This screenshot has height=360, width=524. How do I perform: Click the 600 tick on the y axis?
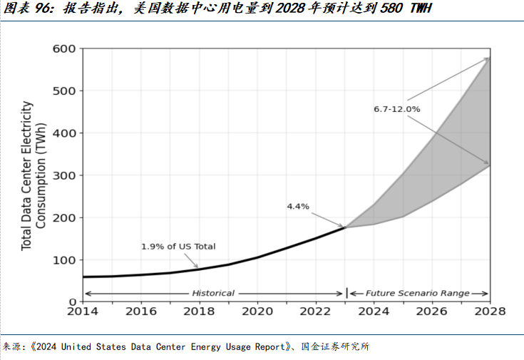coord(63,48)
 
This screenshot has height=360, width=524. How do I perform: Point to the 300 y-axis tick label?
coord(63,175)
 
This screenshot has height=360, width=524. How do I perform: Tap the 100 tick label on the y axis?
coord(63,260)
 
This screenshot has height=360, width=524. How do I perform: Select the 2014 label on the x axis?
coord(83,312)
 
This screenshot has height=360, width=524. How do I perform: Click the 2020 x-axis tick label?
coord(258,312)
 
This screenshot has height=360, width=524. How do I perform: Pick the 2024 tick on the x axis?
coord(374,312)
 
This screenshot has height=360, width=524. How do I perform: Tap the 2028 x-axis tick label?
coord(490,312)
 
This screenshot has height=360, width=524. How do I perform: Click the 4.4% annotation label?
coord(298,207)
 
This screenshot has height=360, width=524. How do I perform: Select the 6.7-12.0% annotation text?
coord(397,109)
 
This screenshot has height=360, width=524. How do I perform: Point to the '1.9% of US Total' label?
coord(178,247)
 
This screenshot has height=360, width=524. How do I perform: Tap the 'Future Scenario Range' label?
coord(418,293)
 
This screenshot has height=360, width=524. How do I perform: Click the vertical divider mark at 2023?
coord(346,293)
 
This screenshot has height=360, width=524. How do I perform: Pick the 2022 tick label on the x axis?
coord(316,312)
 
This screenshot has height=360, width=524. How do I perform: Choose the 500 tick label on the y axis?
coord(63,91)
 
